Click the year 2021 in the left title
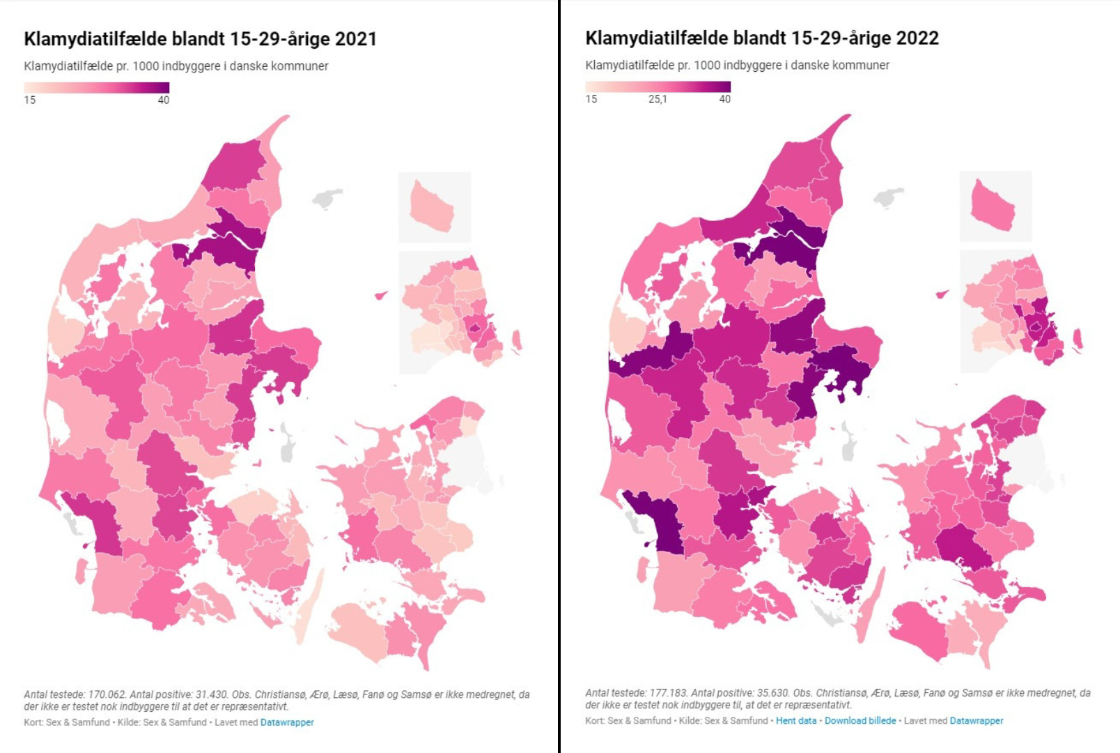pyautogui.click(x=355, y=38)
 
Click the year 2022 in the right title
pyautogui.click(x=917, y=38)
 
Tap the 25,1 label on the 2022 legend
pyautogui.click(x=658, y=99)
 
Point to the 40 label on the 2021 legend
pyautogui.click(x=163, y=100)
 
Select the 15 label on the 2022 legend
pyautogui.click(x=591, y=99)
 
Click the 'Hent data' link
pyautogui.click(x=796, y=720)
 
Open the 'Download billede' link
pyautogui.click(x=860, y=720)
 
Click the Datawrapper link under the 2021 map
pyautogui.click(x=287, y=722)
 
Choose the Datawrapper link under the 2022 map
pyautogui.click(x=977, y=720)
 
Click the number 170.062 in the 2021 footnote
pyautogui.click(x=107, y=694)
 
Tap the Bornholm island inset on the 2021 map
pyautogui.click(x=432, y=207)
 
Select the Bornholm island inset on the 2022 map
pyautogui.click(x=993, y=206)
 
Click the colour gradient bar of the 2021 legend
pyautogui.click(x=97, y=88)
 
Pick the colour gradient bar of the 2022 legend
pyautogui.click(x=658, y=86)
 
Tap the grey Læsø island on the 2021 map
pyautogui.click(x=327, y=198)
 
